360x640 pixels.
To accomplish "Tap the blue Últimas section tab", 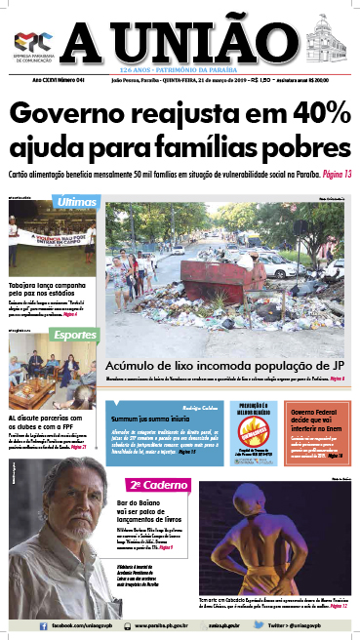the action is (77, 202).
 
